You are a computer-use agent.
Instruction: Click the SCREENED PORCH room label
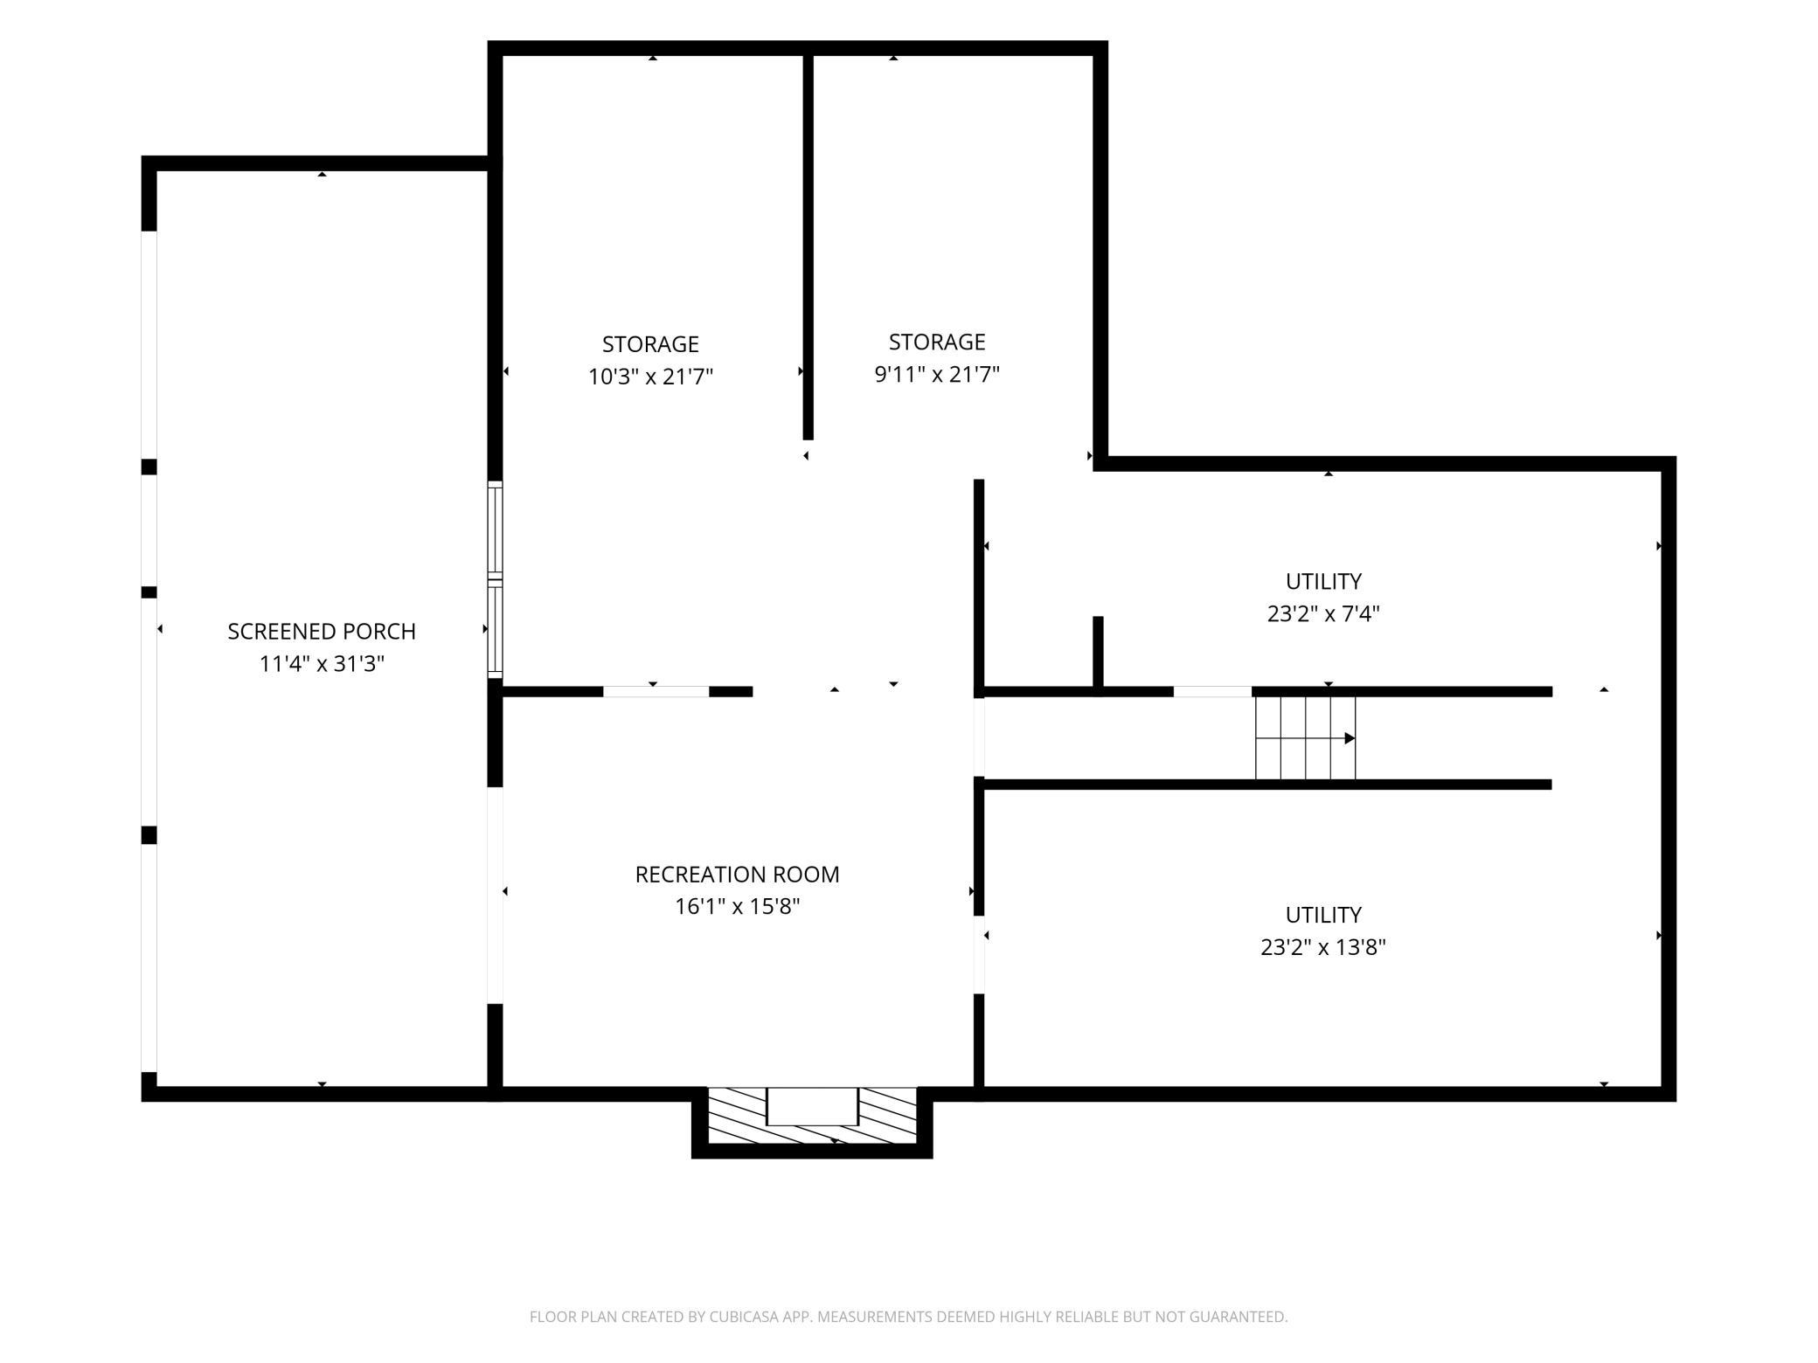322,631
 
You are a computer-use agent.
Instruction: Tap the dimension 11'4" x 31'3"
322,664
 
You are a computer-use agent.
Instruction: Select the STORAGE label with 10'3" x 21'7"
650,344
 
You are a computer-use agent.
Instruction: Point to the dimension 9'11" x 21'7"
937,374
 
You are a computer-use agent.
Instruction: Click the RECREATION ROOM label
737,874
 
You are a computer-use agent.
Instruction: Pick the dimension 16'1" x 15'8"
737,907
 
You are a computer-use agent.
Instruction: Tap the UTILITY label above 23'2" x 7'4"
1323,581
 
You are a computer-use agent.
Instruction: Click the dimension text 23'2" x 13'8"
1323,947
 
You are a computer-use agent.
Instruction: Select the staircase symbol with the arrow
1305,738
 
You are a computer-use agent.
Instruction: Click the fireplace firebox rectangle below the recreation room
812,1106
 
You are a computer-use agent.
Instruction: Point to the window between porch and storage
495,579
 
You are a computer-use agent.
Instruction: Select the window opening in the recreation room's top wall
656,692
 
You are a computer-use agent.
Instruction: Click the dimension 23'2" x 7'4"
1323,614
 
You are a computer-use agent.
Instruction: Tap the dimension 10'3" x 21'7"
650,377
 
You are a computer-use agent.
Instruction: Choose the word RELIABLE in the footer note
1020,1317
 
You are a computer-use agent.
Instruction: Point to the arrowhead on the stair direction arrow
1350,738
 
